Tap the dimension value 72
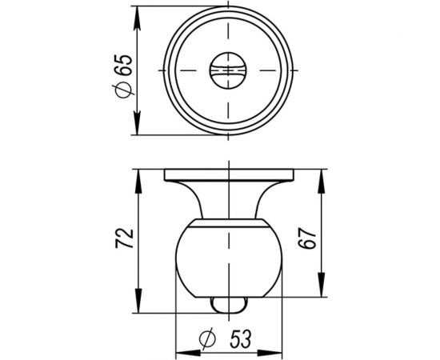coord(122,237)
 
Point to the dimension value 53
coord(238,341)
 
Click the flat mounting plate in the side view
coord(228,174)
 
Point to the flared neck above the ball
coord(228,200)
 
